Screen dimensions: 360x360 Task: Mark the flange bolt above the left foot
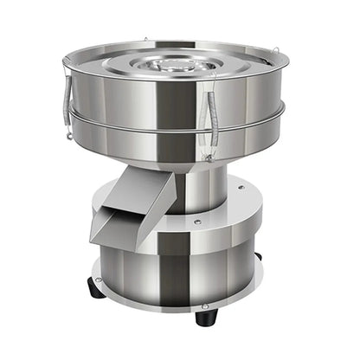99,279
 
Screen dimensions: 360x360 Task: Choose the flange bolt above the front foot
205,305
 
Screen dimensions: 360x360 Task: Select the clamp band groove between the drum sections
173,128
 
